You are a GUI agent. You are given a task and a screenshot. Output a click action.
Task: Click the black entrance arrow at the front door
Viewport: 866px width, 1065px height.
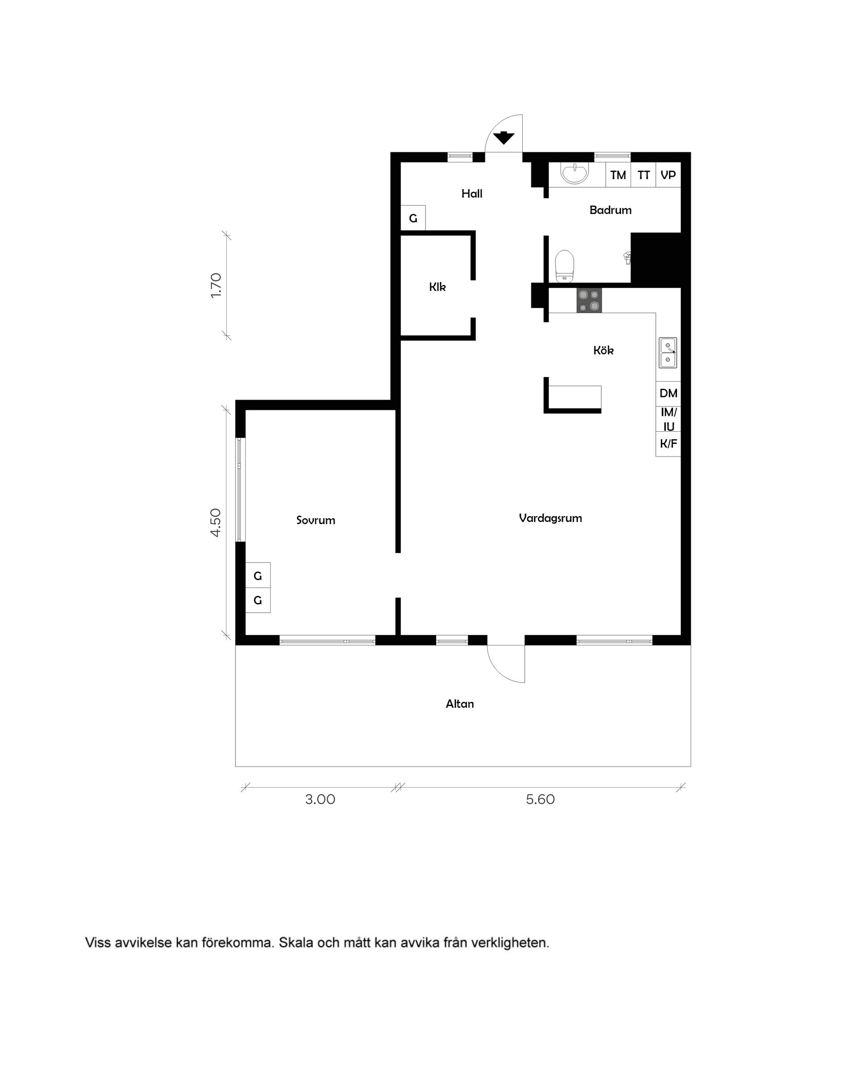point(503,137)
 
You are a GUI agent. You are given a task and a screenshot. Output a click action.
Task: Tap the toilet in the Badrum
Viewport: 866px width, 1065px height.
point(564,266)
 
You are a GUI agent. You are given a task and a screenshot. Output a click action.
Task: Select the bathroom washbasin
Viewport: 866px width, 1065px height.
point(575,173)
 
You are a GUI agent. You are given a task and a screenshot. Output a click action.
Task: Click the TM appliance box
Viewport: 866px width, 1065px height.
point(618,175)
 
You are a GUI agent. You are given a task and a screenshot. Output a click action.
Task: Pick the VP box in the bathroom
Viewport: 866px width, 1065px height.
point(668,175)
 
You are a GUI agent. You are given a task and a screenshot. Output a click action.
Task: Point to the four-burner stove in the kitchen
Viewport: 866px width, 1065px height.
point(589,300)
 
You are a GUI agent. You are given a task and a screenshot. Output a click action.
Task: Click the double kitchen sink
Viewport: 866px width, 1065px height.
point(668,353)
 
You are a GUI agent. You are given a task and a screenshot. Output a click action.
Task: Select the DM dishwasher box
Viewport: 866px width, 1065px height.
point(668,393)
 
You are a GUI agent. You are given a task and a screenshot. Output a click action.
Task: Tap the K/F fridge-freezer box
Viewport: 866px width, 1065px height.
point(668,443)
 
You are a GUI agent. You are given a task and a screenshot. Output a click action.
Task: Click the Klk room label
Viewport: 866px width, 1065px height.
point(438,287)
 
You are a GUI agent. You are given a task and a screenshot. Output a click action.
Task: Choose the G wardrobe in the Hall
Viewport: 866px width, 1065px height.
point(413,218)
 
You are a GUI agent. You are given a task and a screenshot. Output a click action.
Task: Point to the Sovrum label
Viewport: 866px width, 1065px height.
point(316,520)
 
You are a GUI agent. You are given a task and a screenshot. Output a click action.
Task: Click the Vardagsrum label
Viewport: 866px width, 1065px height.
point(550,518)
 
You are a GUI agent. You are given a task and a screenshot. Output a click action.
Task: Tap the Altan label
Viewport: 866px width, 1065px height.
point(460,704)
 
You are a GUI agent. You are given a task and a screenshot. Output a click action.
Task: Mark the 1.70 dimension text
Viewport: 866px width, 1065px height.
point(216,286)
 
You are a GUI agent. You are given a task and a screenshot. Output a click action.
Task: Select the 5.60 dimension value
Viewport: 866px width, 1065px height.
point(540,800)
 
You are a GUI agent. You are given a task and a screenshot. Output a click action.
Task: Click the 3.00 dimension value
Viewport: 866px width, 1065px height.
point(320,800)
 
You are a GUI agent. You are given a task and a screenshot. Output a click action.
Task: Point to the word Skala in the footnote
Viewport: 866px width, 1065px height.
point(296,943)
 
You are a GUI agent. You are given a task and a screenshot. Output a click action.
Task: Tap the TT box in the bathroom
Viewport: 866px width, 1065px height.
point(644,175)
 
